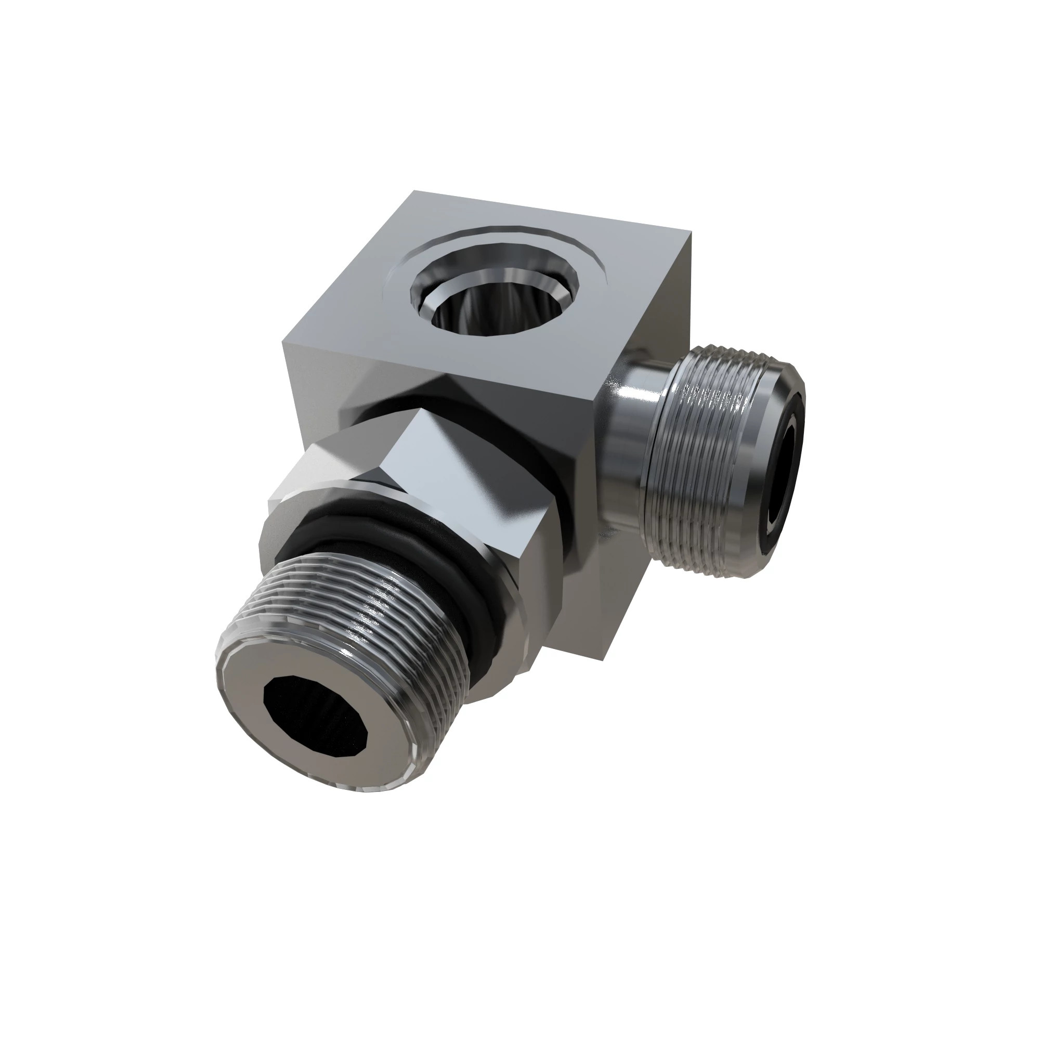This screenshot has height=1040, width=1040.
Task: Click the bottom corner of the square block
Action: click(x=606, y=659)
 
